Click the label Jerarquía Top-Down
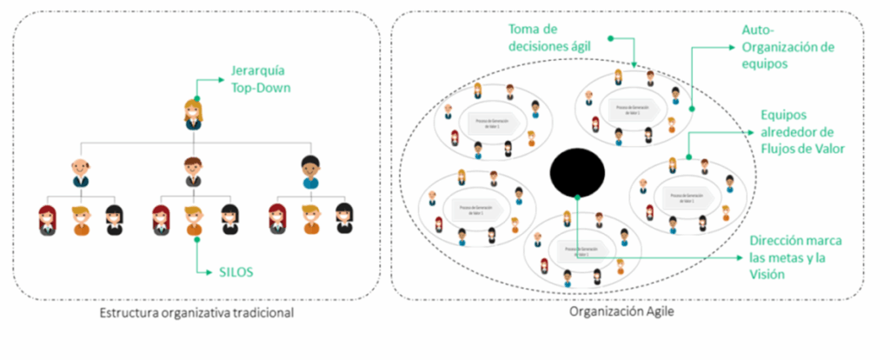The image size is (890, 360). tap(259, 80)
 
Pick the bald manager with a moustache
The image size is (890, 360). tap(80, 171)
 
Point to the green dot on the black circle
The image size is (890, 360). tap(577, 196)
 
